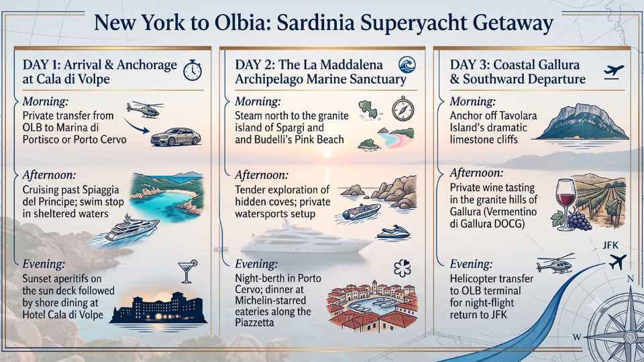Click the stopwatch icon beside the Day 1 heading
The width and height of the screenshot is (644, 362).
(x=193, y=70)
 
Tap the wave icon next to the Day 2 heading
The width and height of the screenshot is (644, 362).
(x=407, y=65)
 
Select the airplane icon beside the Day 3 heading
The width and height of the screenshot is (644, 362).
(x=614, y=72)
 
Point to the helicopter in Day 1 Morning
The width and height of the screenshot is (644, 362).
(x=145, y=109)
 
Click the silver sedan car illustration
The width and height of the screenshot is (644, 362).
(x=176, y=137)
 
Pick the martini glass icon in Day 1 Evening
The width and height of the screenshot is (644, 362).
(x=187, y=271)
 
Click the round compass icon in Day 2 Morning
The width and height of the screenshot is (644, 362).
(x=402, y=109)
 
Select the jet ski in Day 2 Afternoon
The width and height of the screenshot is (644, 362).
(x=394, y=233)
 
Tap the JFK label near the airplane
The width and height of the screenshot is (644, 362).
(x=610, y=245)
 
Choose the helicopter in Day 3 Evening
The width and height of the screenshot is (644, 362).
(x=555, y=263)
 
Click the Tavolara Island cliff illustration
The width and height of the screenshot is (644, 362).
(x=583, y=121)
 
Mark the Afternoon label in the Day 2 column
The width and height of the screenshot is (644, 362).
(x=261, y=175)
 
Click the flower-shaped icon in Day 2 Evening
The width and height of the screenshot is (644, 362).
(x=402, y=268)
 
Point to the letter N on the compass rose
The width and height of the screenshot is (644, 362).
(x=630, y=279)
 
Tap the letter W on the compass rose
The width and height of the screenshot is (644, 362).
(x=577, y=337)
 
